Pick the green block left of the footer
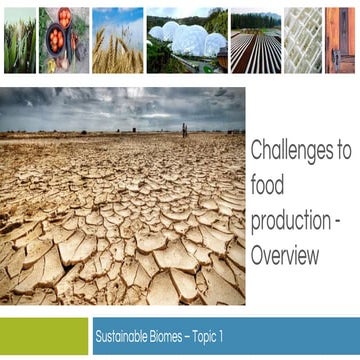pos(43,336)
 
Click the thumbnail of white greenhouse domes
pos(185,41)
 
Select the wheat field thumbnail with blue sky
pos(118,41)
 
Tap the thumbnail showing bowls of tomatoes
pos(64,41)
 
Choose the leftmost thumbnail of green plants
pos(19,41)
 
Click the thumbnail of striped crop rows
pos(255,41)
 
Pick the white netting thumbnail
pos(302,41)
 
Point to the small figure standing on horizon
pos(183,129)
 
